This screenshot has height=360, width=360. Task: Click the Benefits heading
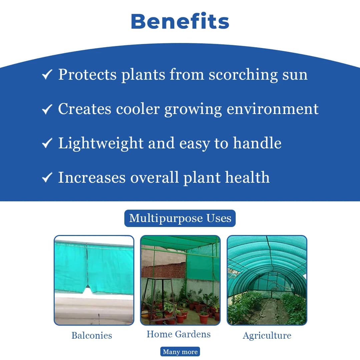coord(180,21)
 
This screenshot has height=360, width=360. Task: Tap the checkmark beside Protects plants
coord(47,75)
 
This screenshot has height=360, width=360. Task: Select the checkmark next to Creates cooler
coord(47,109)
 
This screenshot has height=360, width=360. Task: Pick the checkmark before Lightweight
coord(47,143)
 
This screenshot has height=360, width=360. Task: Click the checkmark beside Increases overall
coord(47,177)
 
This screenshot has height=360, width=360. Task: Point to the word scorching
coord(243,75)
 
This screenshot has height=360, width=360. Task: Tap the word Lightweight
coord(100,143)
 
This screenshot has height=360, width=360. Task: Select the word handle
coord(257,143)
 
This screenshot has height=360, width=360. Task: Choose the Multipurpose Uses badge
coord(180,218)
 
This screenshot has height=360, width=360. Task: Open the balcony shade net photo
coord(94,280)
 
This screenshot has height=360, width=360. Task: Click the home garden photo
coord(180,280)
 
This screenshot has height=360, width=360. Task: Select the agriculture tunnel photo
coord(267,280)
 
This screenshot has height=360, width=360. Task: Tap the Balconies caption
coord(92,335)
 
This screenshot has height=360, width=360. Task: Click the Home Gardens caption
coord(179,334)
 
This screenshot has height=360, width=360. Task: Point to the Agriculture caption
coord(267,335)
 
